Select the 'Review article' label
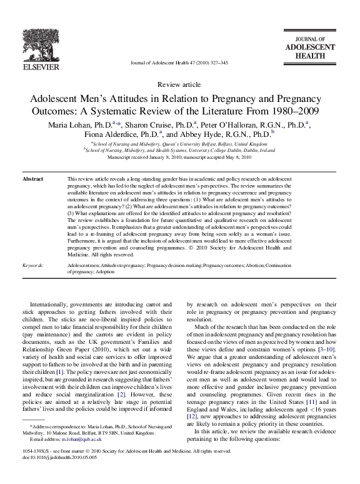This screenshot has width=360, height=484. (x=179, y=84)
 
